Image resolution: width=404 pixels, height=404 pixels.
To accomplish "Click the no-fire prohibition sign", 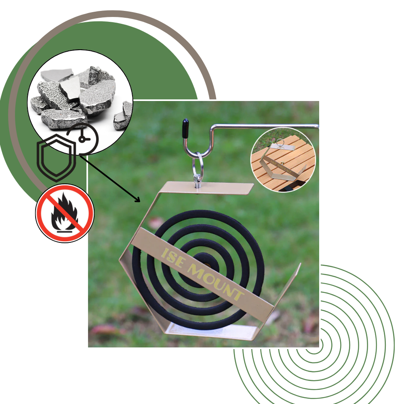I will coord(65,213).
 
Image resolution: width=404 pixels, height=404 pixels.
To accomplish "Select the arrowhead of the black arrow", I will coord(137,200).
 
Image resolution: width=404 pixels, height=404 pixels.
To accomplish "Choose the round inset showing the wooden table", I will coord(283,160).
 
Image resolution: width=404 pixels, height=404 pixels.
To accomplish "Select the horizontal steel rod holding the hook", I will coord(267,127).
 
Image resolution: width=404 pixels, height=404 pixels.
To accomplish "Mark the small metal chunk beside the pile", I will coord(121,117).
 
